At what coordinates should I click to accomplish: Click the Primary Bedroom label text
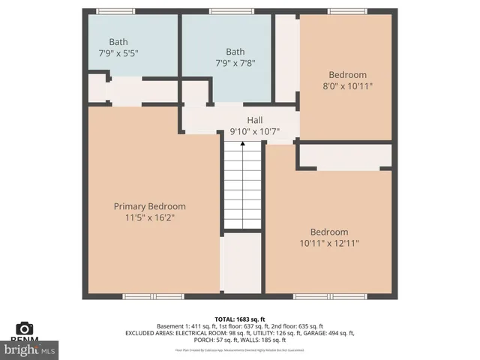tap(149, 206)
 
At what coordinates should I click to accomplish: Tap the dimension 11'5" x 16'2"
tap(149, 217)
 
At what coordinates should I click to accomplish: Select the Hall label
tap(255, 120)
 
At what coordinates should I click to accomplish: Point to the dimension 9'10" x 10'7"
tap(255, 132)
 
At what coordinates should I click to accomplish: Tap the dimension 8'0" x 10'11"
tap(347, 86)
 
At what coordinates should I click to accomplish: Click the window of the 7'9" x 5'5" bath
tap(116, 11)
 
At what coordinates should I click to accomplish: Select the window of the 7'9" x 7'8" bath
tap(230, 11)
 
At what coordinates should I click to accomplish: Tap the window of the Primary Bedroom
tap(142, 297)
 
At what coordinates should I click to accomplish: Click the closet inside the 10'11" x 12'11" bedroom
tap(345, 157)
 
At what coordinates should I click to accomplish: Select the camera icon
tap(25, 328)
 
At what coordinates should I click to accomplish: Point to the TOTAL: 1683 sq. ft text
tap(239, 319)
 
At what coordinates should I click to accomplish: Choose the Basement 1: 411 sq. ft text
tap(184, 326)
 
